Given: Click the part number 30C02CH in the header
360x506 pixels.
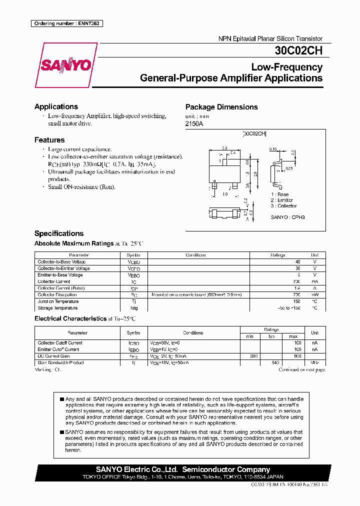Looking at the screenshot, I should click(298, 50).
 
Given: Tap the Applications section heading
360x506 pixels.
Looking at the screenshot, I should click(56, 106).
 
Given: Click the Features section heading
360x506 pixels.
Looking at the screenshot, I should click(49, 140).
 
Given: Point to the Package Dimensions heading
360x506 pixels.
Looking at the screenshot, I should click(221, 107).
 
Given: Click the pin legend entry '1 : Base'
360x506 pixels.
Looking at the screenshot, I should click(280, 194).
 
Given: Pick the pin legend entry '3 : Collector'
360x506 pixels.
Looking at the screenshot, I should click(283, 206).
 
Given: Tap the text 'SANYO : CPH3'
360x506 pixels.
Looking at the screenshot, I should click(287, 217).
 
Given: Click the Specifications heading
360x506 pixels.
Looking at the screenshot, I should click(59, 233).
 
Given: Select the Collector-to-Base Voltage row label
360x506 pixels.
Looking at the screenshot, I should click(61, 262).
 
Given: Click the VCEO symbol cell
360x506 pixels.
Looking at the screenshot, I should click(134, 268).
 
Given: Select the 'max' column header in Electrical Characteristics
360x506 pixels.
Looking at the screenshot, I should click(293, 336).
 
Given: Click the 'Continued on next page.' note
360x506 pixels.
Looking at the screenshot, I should click(302, 370).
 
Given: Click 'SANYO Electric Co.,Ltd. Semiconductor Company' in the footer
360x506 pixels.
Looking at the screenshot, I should click(183, 469).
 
